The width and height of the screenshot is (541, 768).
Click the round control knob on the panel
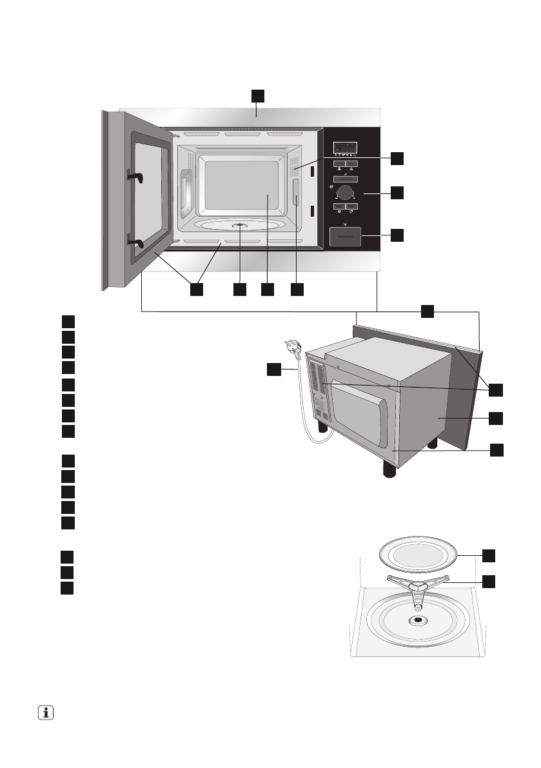pos(346,192)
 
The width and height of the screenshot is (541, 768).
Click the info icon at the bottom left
pos(45,713)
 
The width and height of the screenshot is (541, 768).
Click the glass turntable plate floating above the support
pos(418,555)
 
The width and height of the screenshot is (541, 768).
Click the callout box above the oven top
pos(257,95)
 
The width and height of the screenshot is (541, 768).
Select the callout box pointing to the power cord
pos(275,369)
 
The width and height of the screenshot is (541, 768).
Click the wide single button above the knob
pos(346,177)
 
